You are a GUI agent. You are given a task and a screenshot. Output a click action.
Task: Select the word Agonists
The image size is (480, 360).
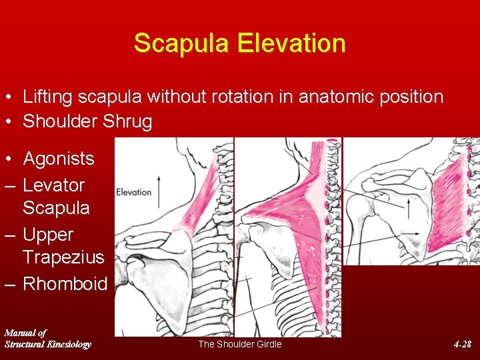(59, 159)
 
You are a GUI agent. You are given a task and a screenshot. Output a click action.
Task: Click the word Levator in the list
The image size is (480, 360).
(53, 185)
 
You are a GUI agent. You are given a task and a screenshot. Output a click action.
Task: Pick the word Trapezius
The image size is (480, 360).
(63, 257)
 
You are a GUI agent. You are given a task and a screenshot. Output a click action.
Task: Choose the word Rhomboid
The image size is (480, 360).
(65, 283)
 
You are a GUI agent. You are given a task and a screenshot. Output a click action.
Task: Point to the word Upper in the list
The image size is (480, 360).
(48, 235)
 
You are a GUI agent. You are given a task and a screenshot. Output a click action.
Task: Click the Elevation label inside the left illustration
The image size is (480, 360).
(134, 192)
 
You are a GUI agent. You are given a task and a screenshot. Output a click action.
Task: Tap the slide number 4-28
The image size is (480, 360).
(462, 344)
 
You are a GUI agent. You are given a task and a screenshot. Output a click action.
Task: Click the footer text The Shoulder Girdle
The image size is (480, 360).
(240, 344)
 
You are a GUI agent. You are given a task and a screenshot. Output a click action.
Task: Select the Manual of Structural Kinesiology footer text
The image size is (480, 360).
(47, 338)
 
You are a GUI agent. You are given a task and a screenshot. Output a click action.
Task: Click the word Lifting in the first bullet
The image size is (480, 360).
(49, 97)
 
